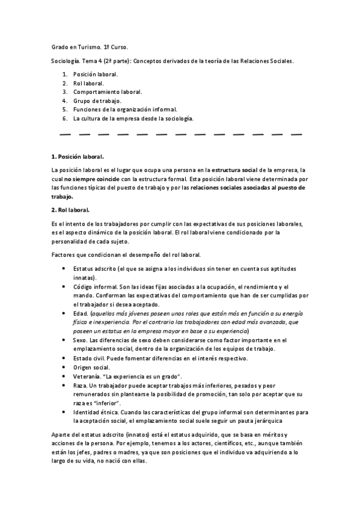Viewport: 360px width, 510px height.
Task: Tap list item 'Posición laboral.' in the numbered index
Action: pyautogui.click(x=96, y=74)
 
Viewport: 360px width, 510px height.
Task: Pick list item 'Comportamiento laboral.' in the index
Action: pyautogui.click(x=108, y=92)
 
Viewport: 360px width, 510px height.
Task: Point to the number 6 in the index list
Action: pyautogui.click(x=64, y=118)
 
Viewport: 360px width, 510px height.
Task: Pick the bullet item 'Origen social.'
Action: pyautogui.click(x=92, y=367)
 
